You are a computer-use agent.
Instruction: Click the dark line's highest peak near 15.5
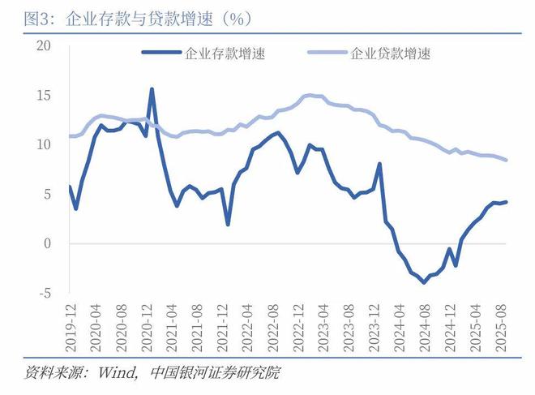(x=152, y=89)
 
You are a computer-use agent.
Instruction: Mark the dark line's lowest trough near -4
(x=424, y=282)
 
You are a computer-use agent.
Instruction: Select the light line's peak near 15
(x=309, y=95)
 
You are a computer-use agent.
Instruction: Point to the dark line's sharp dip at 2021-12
(x=228, y=224)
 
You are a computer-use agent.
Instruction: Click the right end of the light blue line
(x=507, y=160)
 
